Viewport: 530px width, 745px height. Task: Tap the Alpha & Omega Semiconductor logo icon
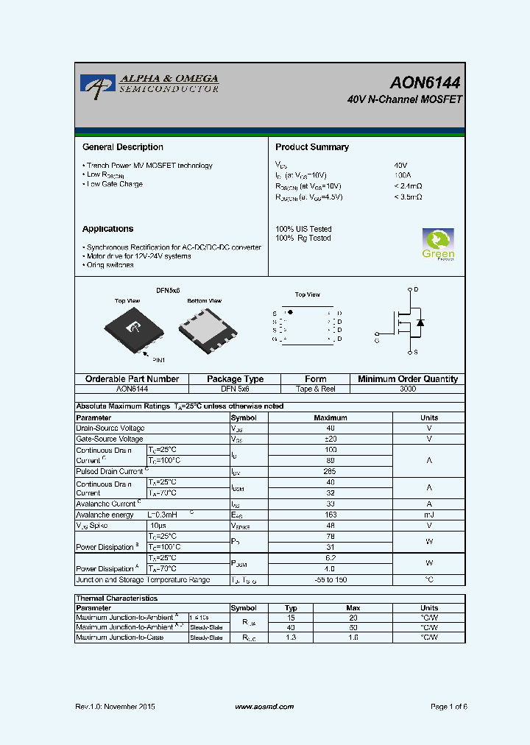click(x=94, y=85)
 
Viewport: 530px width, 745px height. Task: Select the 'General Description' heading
click(x=123, y=147)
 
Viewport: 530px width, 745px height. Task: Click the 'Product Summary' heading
click(x=312, y=147)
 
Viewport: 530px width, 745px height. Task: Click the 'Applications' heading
click(x=107, y=229)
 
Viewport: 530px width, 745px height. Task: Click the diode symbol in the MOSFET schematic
click(x=420, y=322)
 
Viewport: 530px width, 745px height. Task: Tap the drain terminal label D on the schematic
click(x=416, y=289)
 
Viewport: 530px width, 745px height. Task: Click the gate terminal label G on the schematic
click(x=377, y=341)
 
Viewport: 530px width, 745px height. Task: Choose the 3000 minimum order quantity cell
click(x=407, y=389)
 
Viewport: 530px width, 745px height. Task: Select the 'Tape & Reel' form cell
click(x=315, y=389)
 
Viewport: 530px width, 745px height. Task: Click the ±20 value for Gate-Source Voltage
click(x=330, y=439)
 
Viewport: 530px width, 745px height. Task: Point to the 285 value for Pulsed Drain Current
click(x=330, y=471)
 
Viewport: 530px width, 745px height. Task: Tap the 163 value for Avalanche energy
click(x=330, y=515)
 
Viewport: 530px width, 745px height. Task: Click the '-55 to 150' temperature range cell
click(x=330, y=580)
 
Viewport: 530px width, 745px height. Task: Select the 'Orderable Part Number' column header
click(x=132, y=379)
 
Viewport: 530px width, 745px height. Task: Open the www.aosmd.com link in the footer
click(x=264, y=707)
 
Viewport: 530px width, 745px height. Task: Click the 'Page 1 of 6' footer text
click(x=448, y=707)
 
